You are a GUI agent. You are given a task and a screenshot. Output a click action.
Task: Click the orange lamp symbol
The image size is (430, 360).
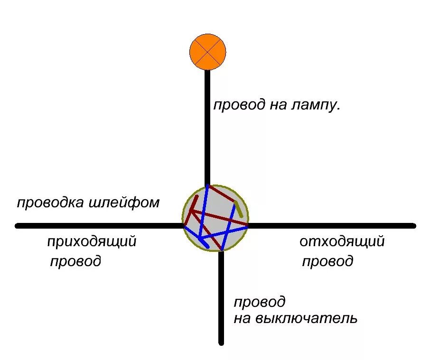(x=207, y=52)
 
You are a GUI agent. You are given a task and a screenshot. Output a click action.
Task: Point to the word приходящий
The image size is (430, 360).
(x=92, y=241)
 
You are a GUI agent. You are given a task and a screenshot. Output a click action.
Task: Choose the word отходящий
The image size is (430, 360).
(x=342, y=241)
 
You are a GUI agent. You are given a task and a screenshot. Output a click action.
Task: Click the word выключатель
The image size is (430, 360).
(x=306, y=318)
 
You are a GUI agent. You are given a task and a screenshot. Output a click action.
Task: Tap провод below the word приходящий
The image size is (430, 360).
(x=75, y=261)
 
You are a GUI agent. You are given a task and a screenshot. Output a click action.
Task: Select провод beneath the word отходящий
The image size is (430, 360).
(x=327, y=261)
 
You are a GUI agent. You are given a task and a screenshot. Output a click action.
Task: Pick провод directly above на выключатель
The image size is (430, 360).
(x=260, y=302)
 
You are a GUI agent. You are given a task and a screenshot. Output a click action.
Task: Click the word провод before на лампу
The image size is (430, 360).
(x=239, y=105)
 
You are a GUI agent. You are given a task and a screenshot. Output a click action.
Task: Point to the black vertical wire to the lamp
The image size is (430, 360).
(x=207, y=128)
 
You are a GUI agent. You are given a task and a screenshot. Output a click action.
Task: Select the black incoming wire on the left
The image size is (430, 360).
(x=99, y=226)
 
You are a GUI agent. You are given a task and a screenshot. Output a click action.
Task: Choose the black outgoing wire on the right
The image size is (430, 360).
(x=332, y=226)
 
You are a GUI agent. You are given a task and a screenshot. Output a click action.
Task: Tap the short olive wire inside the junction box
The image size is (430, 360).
(x=238, y=209)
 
